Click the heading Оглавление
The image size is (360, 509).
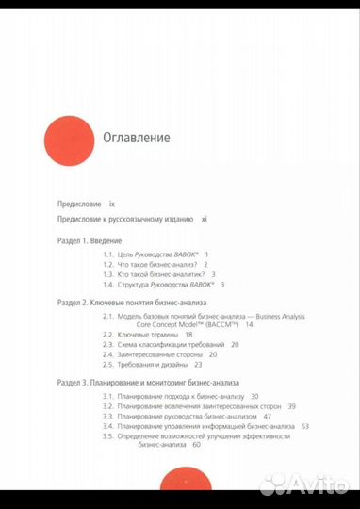[x=137, y=138]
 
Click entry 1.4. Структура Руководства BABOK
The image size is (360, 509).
[x=160, y=285]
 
